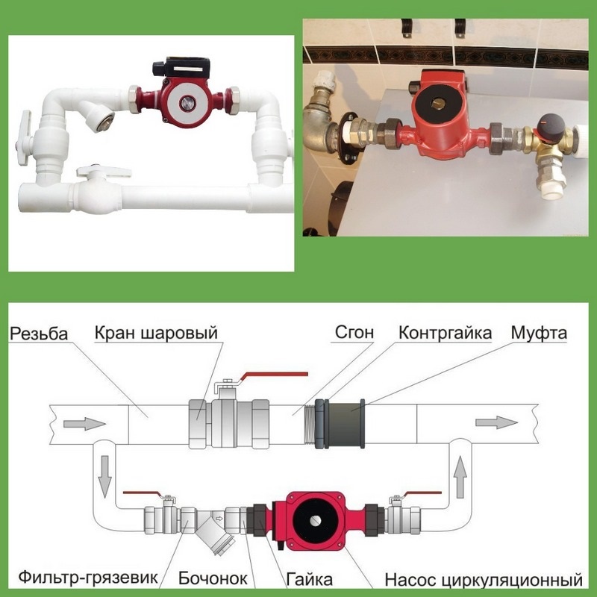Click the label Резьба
(x=39, y=334)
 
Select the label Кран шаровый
(x=156, y=333)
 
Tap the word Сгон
(x=354, y=332)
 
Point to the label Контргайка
(x=445, y=333)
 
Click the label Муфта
(x=539, y=333)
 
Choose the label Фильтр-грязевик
(x=88, y=577)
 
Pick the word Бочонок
(x=213, y=578)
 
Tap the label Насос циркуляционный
(x=484, y=580)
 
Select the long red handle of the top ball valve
(x=273, y=376)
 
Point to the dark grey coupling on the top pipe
(x=345, y=423)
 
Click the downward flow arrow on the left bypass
(x=104, y=477)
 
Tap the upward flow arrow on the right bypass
(x=460, y=477)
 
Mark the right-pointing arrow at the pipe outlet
(x=496, y=422)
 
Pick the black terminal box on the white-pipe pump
(x=181, y=67)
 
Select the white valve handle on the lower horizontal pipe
(x=104, y=172)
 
